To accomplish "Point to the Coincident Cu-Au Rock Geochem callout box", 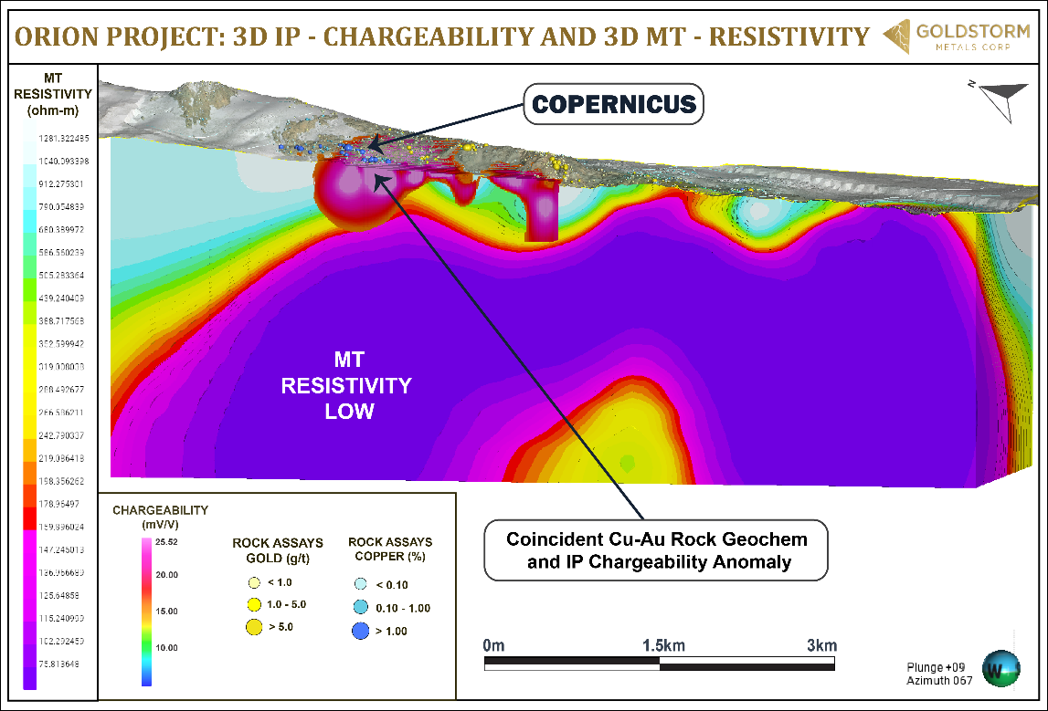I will [x=655, y=550].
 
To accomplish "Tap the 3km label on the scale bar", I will [x=821, y=645].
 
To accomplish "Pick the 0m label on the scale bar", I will [x=494, y=645].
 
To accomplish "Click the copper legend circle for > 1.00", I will [x=360, y=631].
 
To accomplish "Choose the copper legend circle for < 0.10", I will [x=360, y=585].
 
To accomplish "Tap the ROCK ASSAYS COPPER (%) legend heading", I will [x=390, y=549].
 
